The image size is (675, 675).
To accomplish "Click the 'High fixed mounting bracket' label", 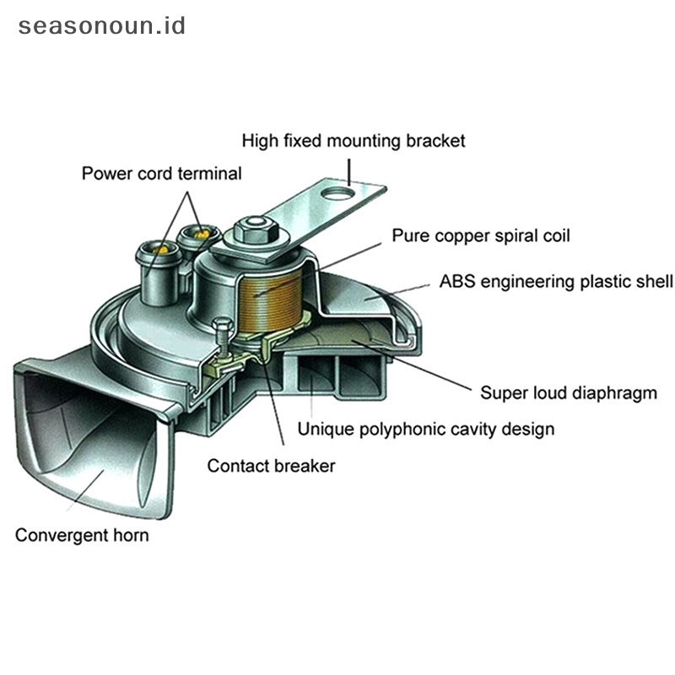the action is [353, 140].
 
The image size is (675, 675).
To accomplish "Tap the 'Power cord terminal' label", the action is [161, 174].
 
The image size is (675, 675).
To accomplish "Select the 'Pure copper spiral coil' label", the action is [480, 235].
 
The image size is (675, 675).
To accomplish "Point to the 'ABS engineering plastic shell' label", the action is [556, 281].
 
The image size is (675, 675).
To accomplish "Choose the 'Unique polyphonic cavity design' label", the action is [426, 429].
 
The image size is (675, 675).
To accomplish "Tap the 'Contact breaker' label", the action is [271, 466].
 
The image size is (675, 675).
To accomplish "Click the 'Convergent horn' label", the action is [82, 535].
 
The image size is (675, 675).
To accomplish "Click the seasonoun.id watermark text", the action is [101, 25].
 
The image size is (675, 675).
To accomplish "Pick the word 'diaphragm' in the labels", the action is [618, 392].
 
